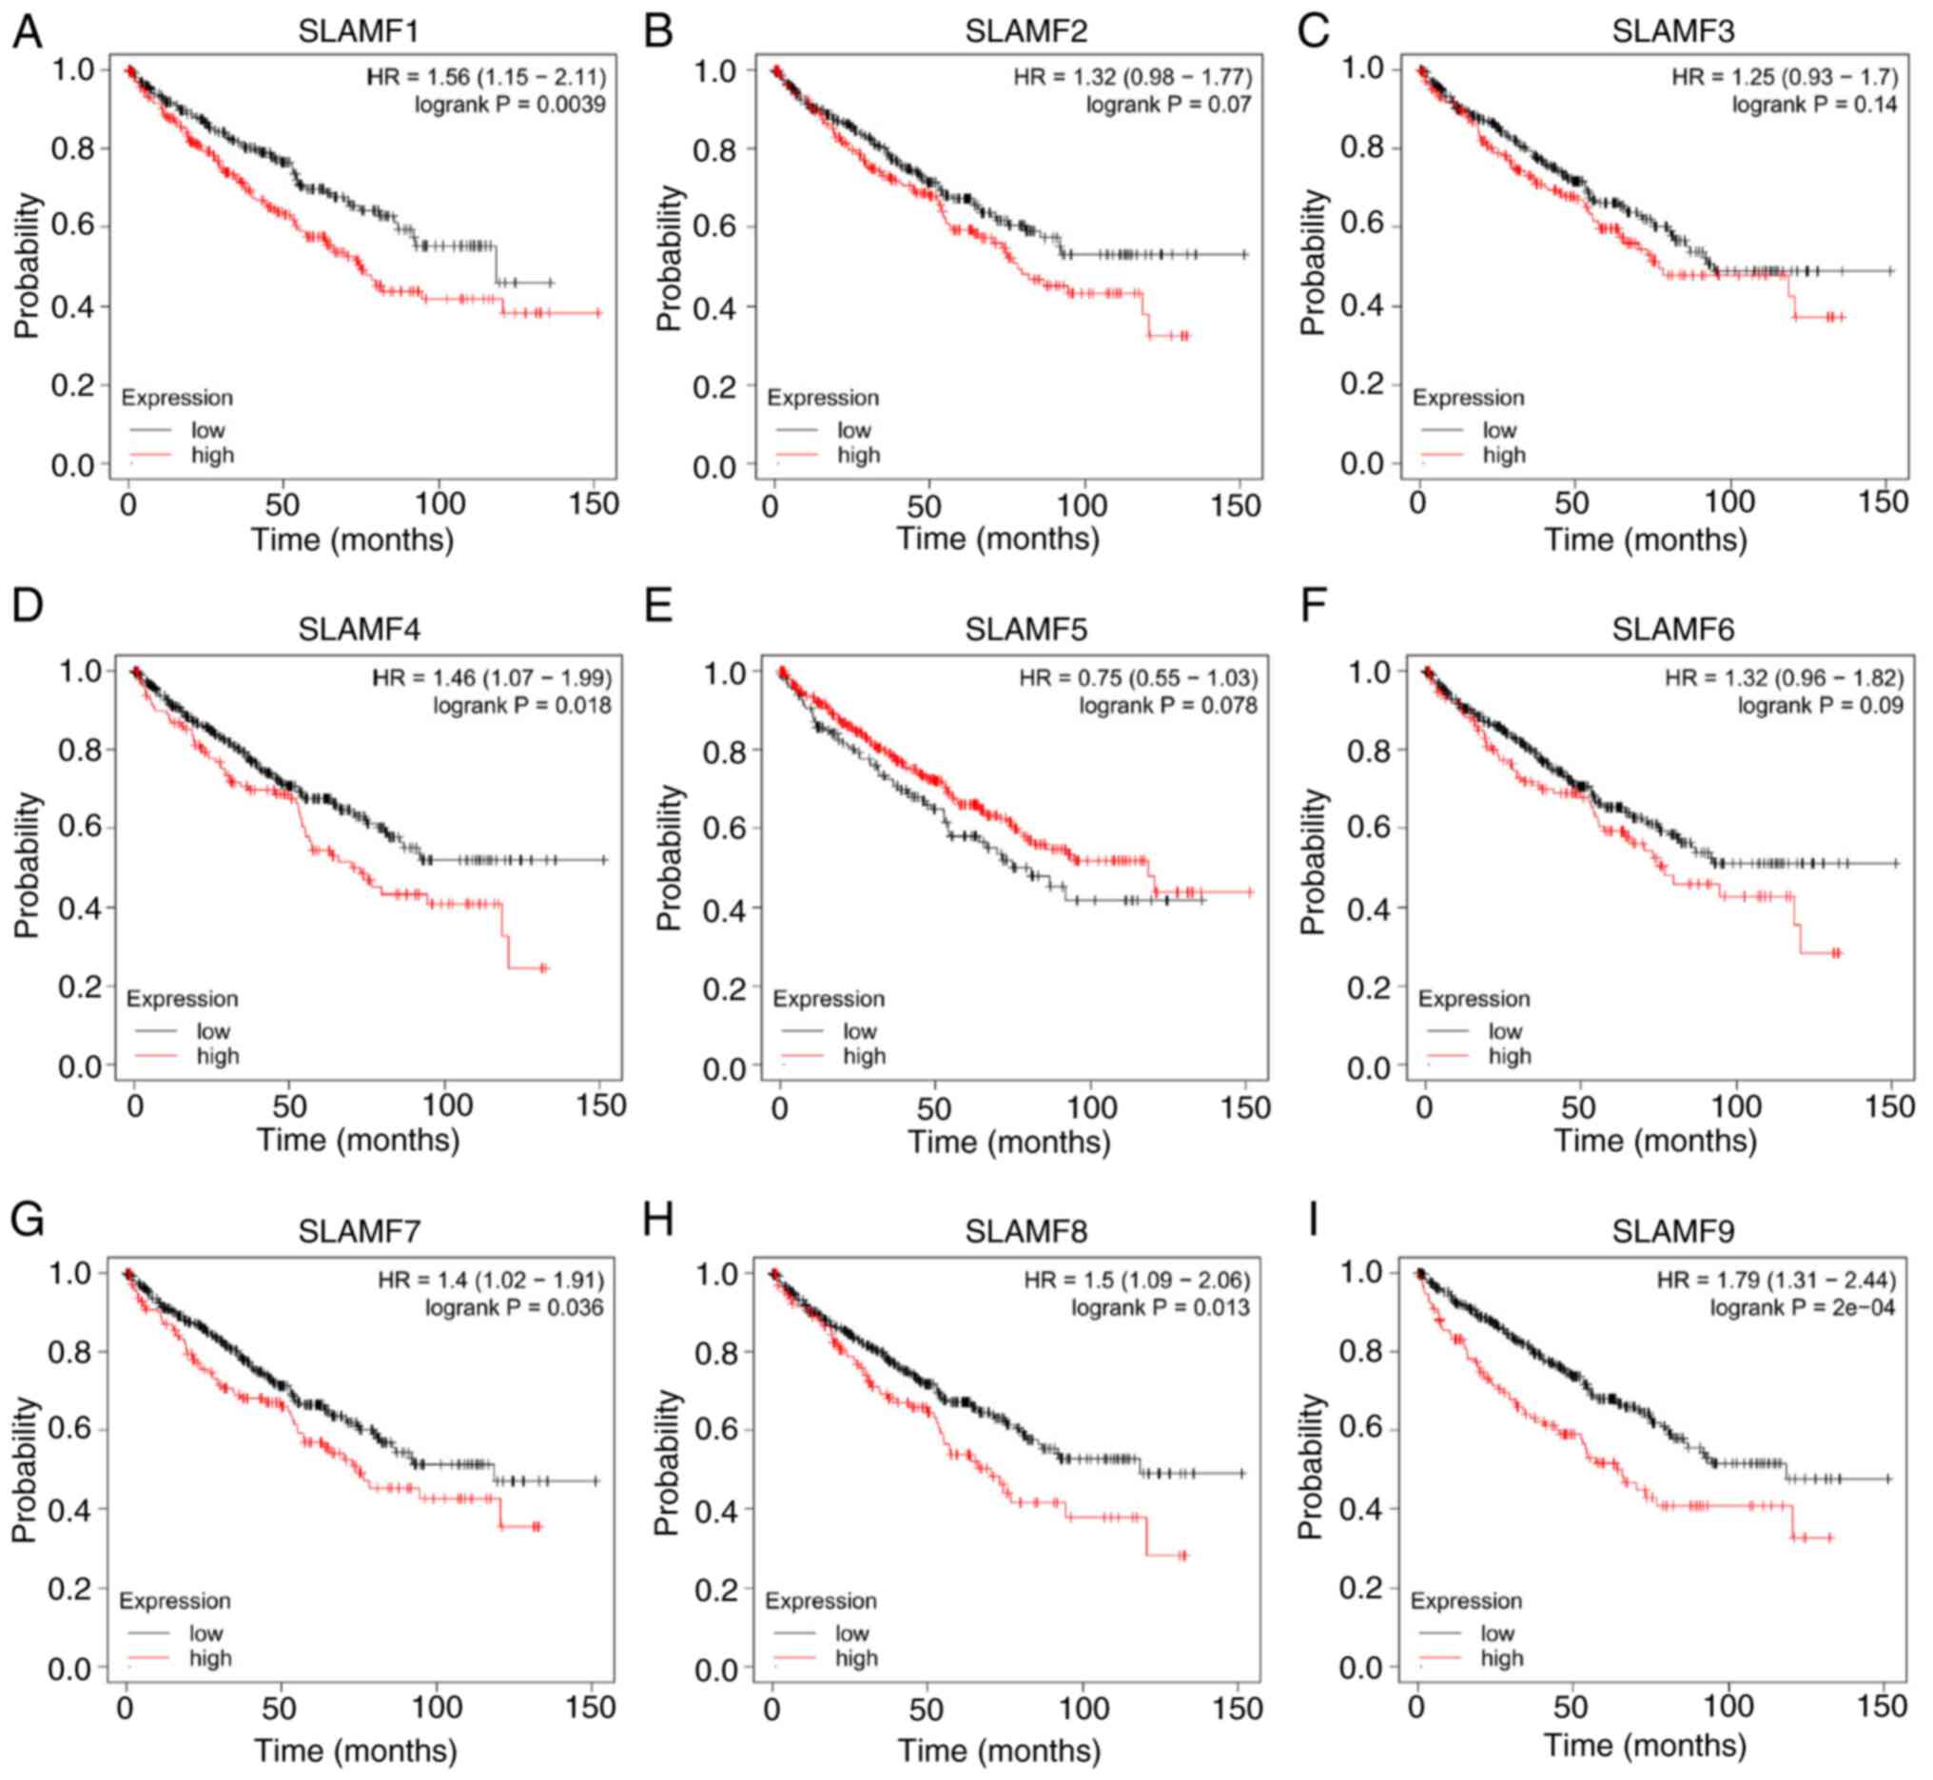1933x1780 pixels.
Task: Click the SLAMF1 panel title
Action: pyautogui.click(x=358, y=31)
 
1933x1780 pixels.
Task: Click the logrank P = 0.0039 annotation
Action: pyautogui.click(x=510, y=104)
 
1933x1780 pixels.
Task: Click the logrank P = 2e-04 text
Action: pyautogui.click(x=1802, y=1307)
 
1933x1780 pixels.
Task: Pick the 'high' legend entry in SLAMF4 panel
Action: pyautogui.click(x=218, y=1057)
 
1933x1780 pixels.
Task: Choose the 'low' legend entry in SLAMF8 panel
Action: pyautogui.click(x=851, y=1633)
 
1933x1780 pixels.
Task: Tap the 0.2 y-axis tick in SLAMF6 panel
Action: pyautogui.click(x=1367, y=988)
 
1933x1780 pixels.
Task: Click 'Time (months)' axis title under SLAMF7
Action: pyautogui.click(x=356, y=1750)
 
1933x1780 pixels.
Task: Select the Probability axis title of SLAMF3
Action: pyautogui.click(x=1311, y=262)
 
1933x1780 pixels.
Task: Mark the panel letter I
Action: pyautogui.click(x=1312, y=1221)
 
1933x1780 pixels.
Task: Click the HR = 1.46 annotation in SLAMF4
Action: pyautogui.click(x=491, y=679)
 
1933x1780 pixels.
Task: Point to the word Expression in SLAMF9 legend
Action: pyautogui.click(x=1466, y=1601)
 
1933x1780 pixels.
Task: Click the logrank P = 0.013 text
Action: pyautogui.click(x=1160, y=1307)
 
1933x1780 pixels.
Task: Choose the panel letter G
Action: pyautogui.click(x=27, y=1221)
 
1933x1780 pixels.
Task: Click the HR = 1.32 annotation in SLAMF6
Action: pyautogui.click(x=1784, y=679)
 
